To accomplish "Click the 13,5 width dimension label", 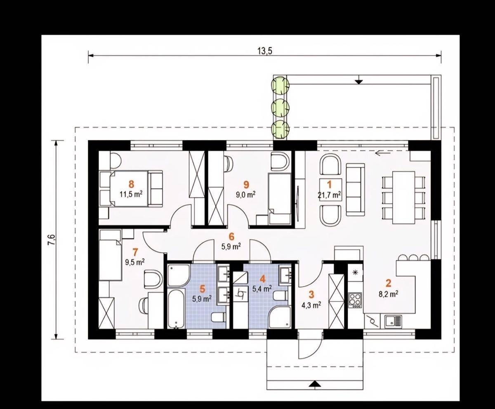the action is click(265, 51).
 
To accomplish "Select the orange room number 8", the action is click(131, 184).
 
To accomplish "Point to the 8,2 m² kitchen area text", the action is click(388, 294).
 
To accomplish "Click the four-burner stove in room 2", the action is click(355, 300).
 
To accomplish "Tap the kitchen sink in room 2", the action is click(393, 322).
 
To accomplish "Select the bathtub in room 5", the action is click(176, 309).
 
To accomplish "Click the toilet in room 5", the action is click(218, 317).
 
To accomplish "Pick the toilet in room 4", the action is click(280, 296).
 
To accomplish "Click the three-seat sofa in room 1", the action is click(355, 189).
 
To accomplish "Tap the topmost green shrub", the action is click(280, 85).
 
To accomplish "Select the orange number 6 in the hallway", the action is click(231, 237).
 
